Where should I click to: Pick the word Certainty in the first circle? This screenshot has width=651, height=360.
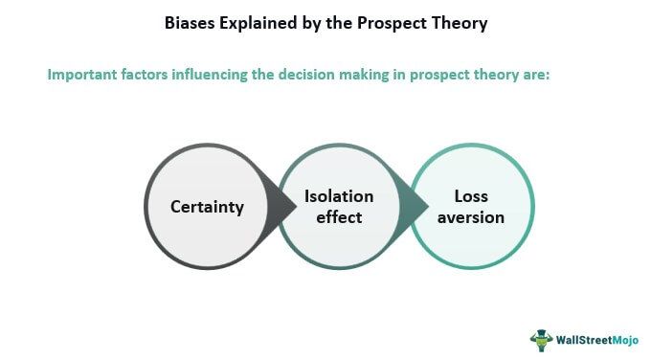(x=207, y=207)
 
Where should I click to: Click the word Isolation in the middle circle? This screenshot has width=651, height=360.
(x=339, y=196)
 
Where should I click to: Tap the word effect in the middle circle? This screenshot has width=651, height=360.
(x=339, y=217)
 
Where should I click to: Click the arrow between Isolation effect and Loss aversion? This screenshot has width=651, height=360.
(x=415, y=206)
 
